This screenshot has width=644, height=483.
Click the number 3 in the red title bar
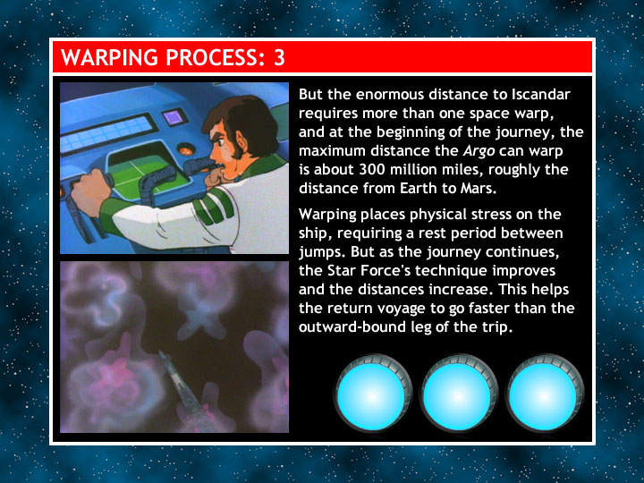click(279, 57)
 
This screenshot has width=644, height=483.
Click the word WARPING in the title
click(110, 57)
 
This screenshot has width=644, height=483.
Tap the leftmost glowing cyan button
click(372, 395)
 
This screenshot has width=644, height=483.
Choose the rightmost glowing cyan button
click(544, 395)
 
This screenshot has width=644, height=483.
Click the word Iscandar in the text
click(541, 95)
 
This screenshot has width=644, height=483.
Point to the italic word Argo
click(479, 151)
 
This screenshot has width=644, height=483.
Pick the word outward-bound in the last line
click(351, 327)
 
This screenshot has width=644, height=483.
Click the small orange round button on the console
click(186, 148)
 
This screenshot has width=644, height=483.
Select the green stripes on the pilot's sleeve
click(213, 206)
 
